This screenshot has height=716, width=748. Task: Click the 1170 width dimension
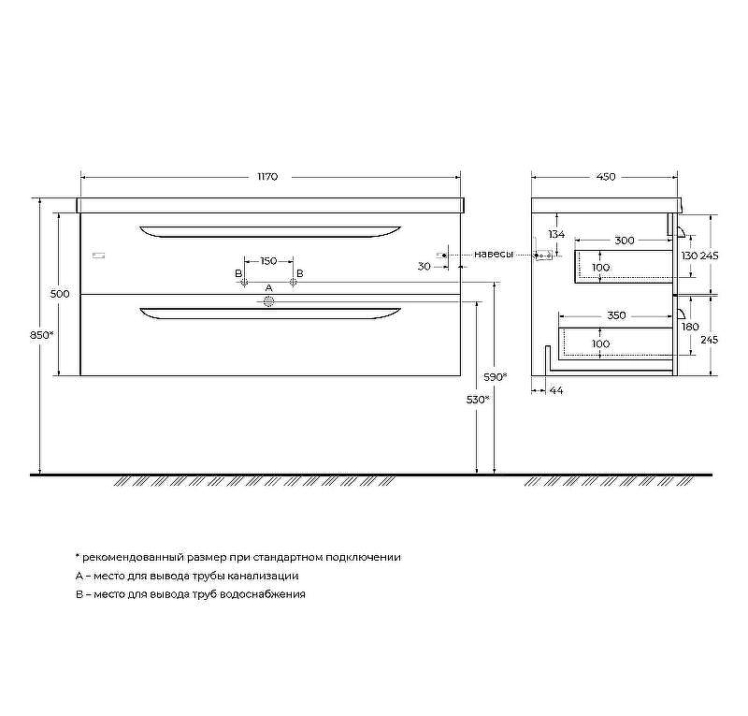pos(267,177)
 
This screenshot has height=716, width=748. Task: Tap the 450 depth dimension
pos(606,177)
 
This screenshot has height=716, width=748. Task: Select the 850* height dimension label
pos(41,335)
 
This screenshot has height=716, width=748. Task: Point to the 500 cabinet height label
pos(60,294)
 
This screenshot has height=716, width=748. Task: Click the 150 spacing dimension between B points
pos(268,261)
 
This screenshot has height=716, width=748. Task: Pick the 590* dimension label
pos(496,377)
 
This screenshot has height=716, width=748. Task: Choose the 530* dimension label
pos(478,400)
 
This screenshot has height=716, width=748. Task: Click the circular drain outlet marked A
pos(269,301)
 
